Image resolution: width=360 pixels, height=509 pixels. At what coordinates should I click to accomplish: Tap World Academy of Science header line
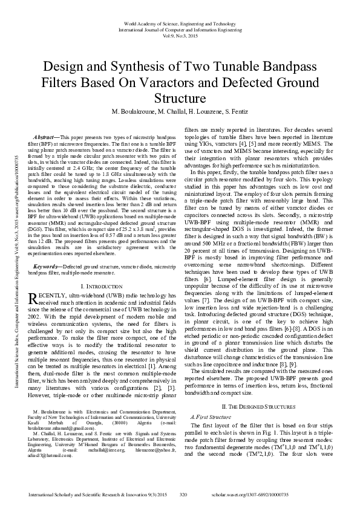(180, 21)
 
